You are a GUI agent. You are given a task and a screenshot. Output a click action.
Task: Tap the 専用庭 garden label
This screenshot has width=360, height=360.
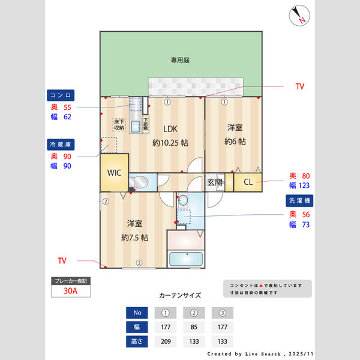click(179, 60)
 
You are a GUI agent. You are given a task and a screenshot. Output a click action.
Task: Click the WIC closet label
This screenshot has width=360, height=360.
click(114, 173)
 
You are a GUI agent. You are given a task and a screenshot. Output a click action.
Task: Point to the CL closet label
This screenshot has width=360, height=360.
click(248, 182)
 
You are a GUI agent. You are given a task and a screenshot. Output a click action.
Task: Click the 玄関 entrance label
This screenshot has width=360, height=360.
click(215, 182)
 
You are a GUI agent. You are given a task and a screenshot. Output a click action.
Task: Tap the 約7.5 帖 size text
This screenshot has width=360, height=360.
click(134, 237)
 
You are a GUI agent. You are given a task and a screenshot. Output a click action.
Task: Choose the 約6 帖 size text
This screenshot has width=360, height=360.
click(235, 142)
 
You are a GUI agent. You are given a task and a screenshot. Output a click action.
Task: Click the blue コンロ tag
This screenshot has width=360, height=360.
click(61, 95)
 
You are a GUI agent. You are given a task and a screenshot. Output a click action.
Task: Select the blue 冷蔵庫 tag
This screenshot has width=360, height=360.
click(61, 144)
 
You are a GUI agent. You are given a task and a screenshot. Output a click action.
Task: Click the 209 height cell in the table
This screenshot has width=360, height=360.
click(165, 341)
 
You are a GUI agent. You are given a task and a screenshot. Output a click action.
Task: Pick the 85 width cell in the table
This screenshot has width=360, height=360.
click(194, 327)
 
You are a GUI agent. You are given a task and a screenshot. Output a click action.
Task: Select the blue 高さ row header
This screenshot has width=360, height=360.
click(136, 341)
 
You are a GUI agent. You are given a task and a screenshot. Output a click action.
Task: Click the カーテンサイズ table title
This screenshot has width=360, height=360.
click(180, 296)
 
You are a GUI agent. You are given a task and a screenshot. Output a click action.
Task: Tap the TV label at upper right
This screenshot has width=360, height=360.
click(299, 87)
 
